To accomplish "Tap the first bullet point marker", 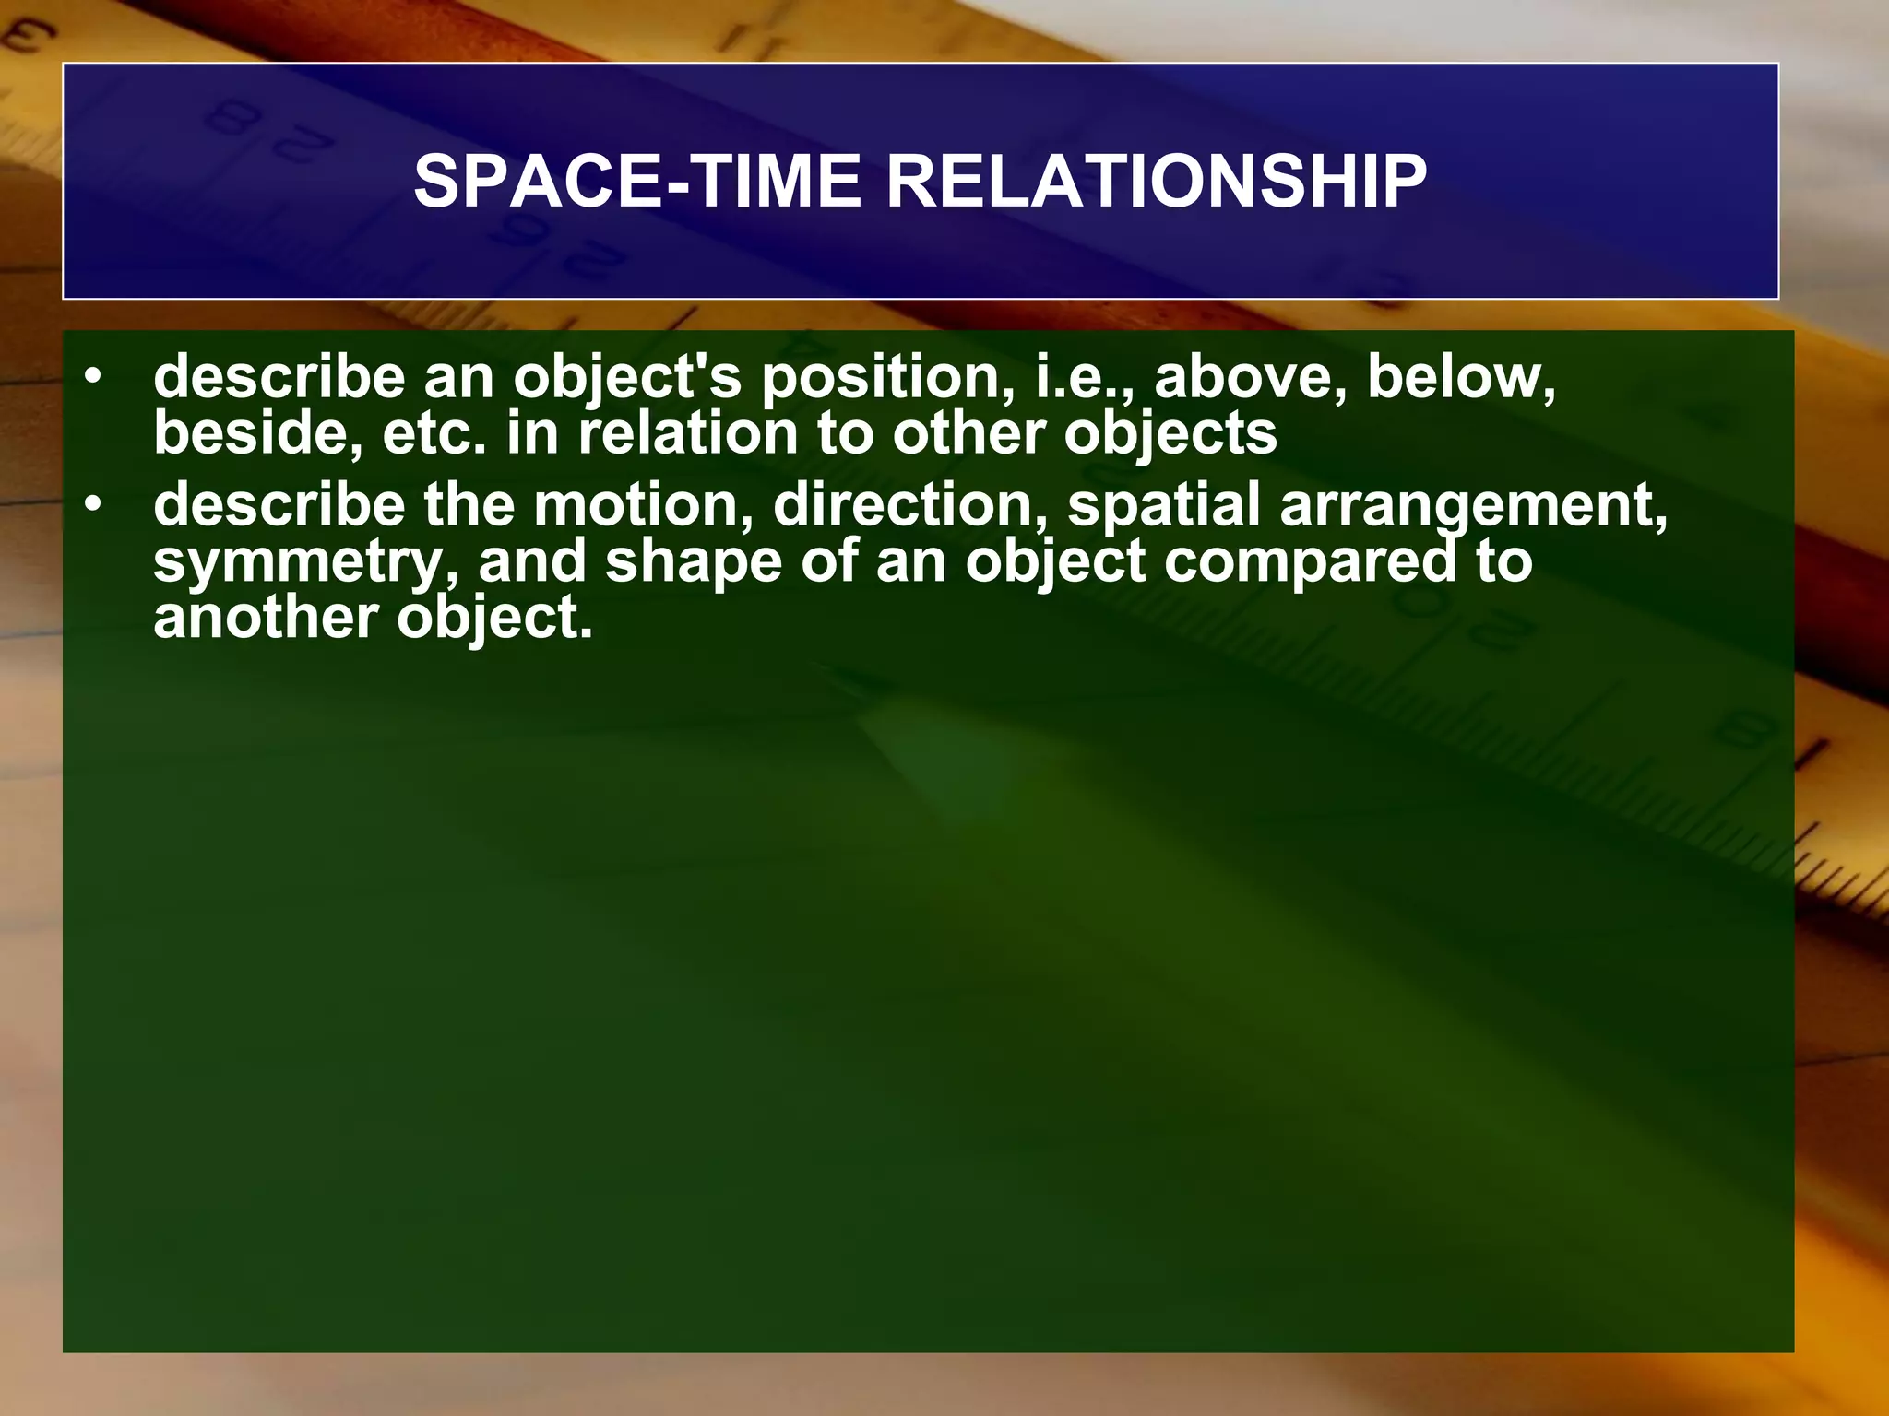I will pos(92,379).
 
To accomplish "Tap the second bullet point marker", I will pos(92,506).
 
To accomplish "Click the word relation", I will pos(687,433).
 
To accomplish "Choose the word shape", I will pos(693,562).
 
